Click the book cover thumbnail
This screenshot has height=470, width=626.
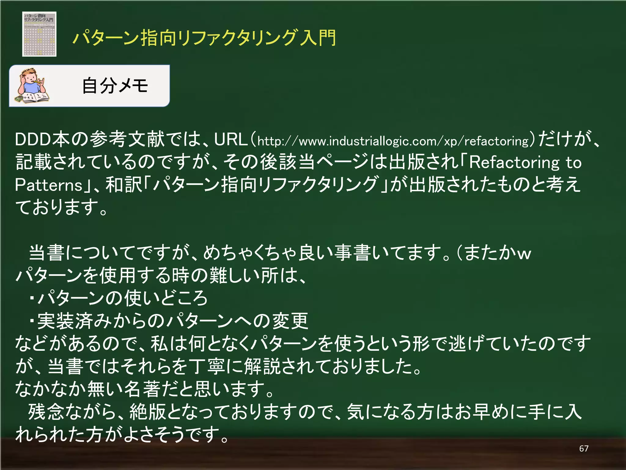(x=39, y=34)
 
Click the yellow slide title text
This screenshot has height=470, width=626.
(x=204, y=38)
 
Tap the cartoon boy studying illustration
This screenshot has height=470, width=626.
(x=32, y=86)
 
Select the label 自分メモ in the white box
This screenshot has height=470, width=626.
(x=115, y=86)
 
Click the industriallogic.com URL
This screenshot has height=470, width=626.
(x=393, y=141)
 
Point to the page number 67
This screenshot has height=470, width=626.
(x=584, y=449)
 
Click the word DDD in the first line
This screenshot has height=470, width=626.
(x=33, y=139)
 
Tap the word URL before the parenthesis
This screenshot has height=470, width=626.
(x=231, y=139)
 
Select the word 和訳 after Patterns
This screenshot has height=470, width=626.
(x=124, y=185)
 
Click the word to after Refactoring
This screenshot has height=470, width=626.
(x=573, y=162)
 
